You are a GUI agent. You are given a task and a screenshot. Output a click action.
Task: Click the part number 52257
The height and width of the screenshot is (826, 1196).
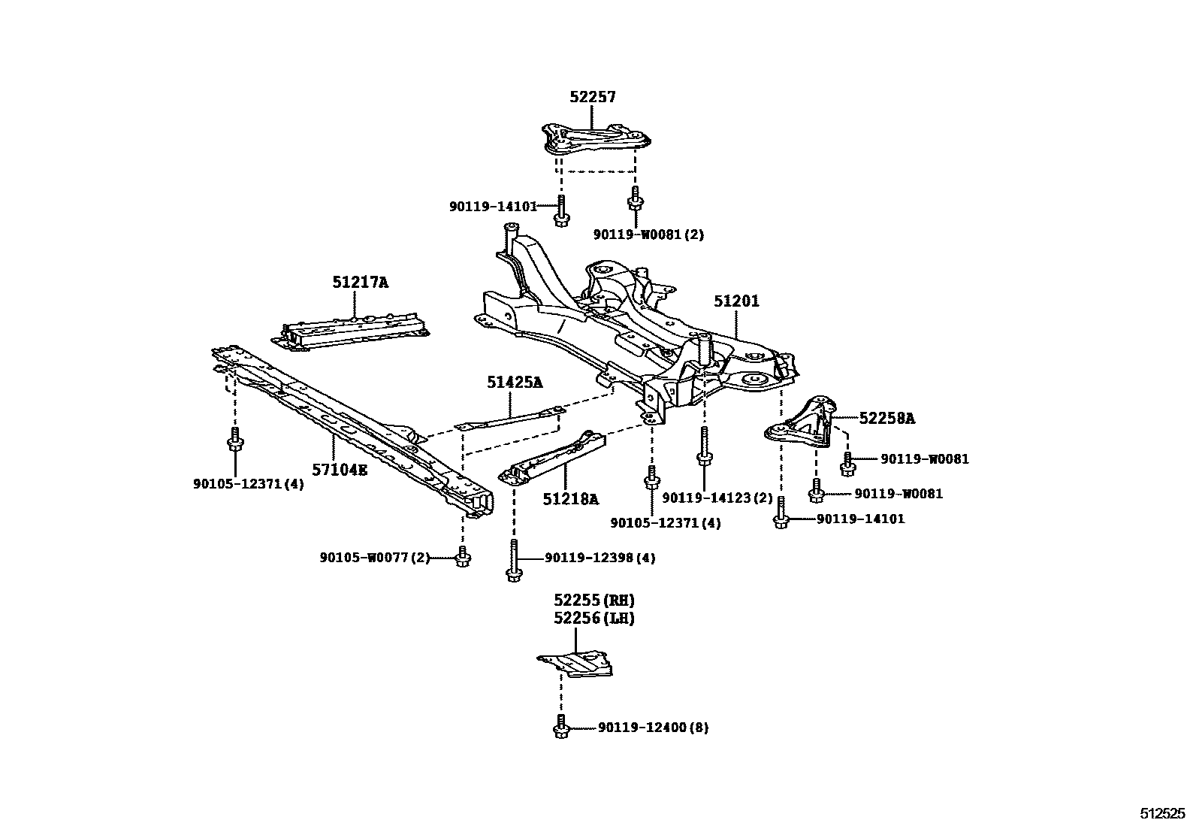[592, 97]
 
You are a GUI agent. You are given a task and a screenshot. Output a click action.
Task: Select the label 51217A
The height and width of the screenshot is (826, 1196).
[361, 283]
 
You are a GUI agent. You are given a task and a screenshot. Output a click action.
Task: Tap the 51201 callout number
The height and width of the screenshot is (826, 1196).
[736, 301]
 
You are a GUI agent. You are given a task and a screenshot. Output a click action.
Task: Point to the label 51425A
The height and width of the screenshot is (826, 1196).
[514, 383]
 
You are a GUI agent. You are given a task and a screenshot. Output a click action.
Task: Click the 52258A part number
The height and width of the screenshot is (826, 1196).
[886, 419]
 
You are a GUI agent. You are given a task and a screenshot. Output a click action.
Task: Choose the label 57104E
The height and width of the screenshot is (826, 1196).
[340, 470]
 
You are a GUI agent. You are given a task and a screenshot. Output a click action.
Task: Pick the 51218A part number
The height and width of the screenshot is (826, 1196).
[572, 499]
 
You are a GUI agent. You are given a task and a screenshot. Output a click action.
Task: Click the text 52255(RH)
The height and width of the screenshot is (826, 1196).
[594, 600]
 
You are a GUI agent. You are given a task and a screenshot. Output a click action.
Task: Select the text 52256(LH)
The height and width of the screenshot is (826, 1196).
[594, 619]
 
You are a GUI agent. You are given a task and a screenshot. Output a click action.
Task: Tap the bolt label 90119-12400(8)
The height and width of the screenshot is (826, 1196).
[653, 728]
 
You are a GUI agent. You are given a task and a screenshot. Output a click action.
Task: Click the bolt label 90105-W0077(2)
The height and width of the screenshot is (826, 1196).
[374, 558]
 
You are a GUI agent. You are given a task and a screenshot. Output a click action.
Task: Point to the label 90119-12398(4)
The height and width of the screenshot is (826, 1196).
[600, 558]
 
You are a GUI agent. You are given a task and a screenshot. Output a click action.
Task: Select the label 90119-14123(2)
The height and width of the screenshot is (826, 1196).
[717, 498]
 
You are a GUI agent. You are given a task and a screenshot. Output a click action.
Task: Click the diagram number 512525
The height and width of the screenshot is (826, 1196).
[1162, 813]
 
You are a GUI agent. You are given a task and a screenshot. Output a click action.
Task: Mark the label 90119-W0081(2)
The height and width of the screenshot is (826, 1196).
[648, 234]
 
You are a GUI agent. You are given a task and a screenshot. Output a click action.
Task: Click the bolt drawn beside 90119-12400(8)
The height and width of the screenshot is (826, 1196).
[560, 728]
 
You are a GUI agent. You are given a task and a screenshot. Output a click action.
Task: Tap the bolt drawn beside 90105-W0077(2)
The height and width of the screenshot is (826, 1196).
[462, 558]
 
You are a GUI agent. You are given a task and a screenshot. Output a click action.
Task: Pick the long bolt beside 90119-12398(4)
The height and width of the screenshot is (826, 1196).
[513, 562]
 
